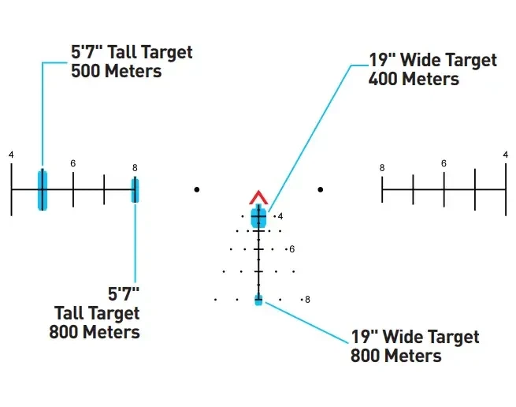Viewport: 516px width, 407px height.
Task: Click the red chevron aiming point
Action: click(x=258, y=198)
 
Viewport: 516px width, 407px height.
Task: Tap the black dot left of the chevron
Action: click(x=197, y=189)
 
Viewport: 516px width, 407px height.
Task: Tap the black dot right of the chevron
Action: click(x=321, y=189)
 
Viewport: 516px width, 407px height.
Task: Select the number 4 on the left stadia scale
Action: click(x=11, y=155)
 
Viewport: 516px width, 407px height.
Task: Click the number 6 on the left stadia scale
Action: click(x=73, y=163)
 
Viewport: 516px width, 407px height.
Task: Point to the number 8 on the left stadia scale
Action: click(x=135, y=168)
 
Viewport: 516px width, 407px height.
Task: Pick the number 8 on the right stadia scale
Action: click(x=382, y=168)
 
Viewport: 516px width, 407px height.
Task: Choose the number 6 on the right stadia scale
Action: click(x=444, y=163)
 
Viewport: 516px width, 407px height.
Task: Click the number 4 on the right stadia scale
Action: click(x=506, y=155)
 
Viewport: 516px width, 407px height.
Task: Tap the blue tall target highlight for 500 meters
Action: click(x=43, y=190)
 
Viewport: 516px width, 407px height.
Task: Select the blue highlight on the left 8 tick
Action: click(x=135, y=190)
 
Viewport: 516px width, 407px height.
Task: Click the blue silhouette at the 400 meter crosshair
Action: click(x=258, y=216)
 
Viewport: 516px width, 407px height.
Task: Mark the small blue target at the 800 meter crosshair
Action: click(x=258, y=300)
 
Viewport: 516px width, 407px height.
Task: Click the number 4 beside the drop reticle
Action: click(x=280, y=216)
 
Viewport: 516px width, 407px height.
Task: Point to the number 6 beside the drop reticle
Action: click(x=292, y=249)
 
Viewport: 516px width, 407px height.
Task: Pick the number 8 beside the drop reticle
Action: click(x=307, y=300)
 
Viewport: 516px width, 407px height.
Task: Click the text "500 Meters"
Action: click(x=116, y=71)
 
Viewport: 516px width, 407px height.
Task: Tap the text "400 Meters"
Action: click(x=414, y=79)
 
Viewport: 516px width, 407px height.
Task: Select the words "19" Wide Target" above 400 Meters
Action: click(x=432, y=60)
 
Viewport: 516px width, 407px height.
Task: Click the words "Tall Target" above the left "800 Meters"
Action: click(x=97, y=313)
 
